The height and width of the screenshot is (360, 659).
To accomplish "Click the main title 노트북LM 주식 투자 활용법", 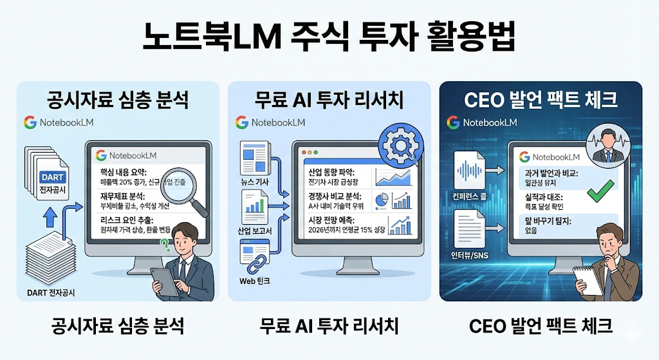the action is click(329, 37).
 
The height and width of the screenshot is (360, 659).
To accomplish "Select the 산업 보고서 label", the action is click(255, 231).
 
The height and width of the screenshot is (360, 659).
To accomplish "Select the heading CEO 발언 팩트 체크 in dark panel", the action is click(541, 100).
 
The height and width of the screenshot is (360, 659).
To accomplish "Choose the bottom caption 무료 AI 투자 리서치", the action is click(329, 326).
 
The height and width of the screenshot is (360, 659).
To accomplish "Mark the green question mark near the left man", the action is click(165, 245).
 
